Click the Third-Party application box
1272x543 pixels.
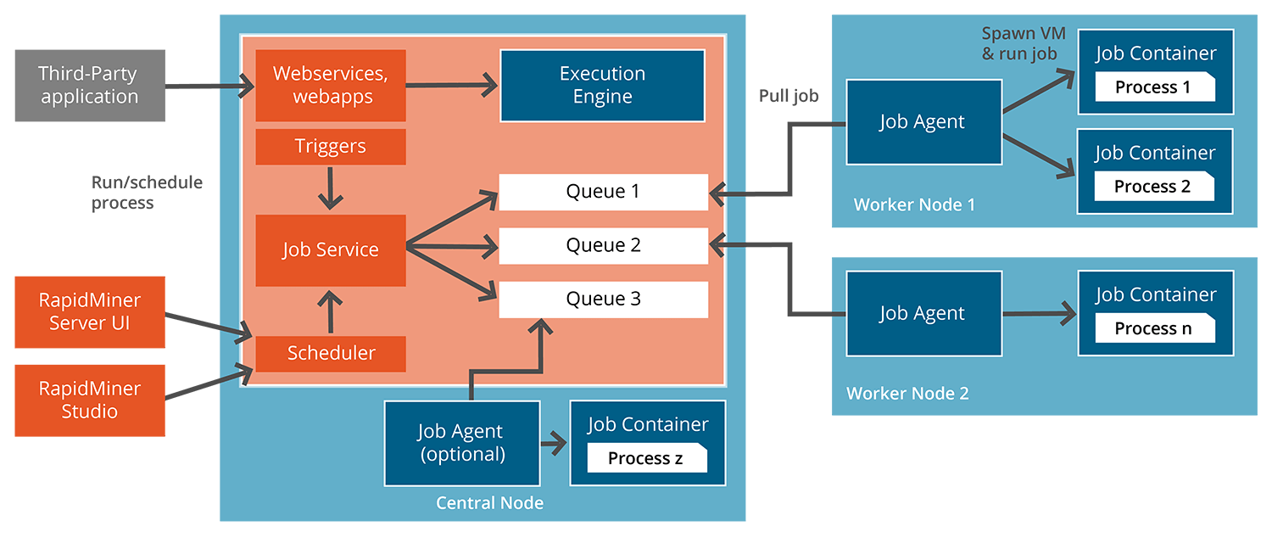[89, 86]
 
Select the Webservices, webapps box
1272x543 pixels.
[331, 86]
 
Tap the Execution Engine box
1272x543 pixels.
[602, 86]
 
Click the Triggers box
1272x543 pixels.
[331, 147]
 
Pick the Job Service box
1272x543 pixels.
[331, 250]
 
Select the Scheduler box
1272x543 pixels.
[331, 353]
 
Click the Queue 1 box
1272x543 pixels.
[603, 192]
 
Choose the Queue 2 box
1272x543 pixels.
[603, 246]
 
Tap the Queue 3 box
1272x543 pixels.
[603, 299]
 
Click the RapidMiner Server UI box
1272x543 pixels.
[89, 311]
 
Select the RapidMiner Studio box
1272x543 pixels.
[89, 400]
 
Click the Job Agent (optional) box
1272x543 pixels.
[462, 443]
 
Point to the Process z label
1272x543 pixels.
[646, 459]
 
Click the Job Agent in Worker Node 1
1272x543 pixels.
[923, 122]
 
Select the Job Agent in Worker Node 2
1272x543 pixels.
[923, 314]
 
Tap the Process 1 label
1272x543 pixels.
[1154, 87]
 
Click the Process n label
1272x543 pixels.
[1154, 329]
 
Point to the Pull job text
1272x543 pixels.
[789, 96]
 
